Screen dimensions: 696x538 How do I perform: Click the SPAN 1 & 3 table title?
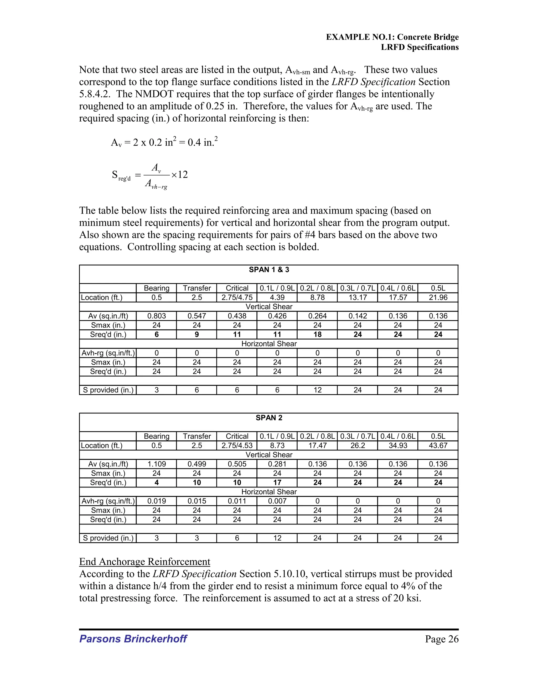[x=269, y=270]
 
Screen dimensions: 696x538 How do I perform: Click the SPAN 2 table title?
[x=269, y=418]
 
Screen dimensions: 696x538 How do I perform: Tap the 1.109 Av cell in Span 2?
[x=157, y=464]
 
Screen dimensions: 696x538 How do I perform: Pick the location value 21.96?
[x=438, y=297]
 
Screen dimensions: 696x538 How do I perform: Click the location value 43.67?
[x=438, y=445]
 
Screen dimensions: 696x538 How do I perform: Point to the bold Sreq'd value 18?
[x=317, y=334]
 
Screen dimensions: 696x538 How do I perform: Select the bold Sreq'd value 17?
[x=277, y=482]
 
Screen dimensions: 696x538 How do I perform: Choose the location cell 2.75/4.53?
[x=237, y=445]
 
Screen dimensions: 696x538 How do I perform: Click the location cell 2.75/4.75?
[x=237, y=297]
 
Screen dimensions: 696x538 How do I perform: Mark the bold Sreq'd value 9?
[x=197, y=334]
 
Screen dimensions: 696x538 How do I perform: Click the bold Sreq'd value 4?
[x=157, y=482]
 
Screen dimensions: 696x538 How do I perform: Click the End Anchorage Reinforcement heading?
[x=144, y=562]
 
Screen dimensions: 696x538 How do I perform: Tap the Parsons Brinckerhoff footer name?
[x=133, y=639]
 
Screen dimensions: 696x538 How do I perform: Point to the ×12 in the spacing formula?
[x=179, y=175]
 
